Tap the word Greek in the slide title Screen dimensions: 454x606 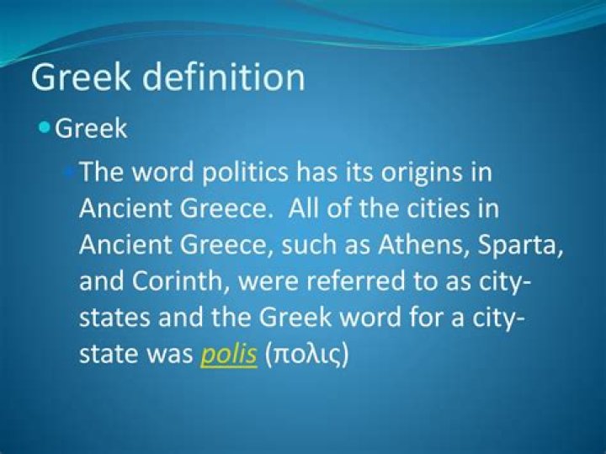click(x=83, y=77)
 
